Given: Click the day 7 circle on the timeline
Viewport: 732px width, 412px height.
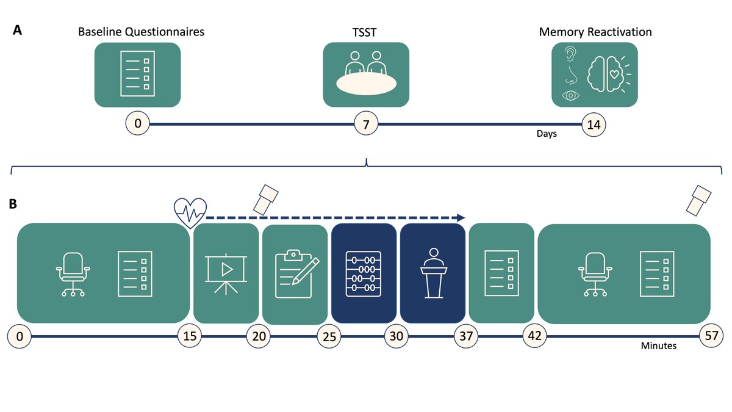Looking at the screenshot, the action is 366,124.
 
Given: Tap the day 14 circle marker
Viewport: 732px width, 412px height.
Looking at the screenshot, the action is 594,125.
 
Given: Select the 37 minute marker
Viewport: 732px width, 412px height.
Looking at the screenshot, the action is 466,336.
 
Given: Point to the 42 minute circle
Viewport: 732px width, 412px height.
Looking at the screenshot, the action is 534,336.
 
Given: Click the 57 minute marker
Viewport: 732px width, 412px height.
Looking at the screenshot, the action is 711,336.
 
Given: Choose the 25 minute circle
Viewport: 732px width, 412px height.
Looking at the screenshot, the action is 329,336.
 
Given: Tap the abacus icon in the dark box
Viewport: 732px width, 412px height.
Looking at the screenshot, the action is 364,274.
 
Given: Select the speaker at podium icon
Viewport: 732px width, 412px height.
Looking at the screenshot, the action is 434,273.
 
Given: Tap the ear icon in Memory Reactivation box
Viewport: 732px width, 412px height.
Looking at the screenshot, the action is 570,54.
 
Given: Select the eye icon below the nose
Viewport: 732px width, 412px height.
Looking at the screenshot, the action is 570,95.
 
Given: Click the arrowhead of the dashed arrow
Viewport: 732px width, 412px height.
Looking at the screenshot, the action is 461,218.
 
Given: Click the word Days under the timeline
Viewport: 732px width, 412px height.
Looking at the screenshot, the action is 547,134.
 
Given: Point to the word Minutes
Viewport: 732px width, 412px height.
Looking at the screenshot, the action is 658,345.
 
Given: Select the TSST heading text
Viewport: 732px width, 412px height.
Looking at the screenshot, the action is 364,32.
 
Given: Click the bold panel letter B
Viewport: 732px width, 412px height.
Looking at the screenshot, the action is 13,204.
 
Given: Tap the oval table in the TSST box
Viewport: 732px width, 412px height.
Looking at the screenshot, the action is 367,84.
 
